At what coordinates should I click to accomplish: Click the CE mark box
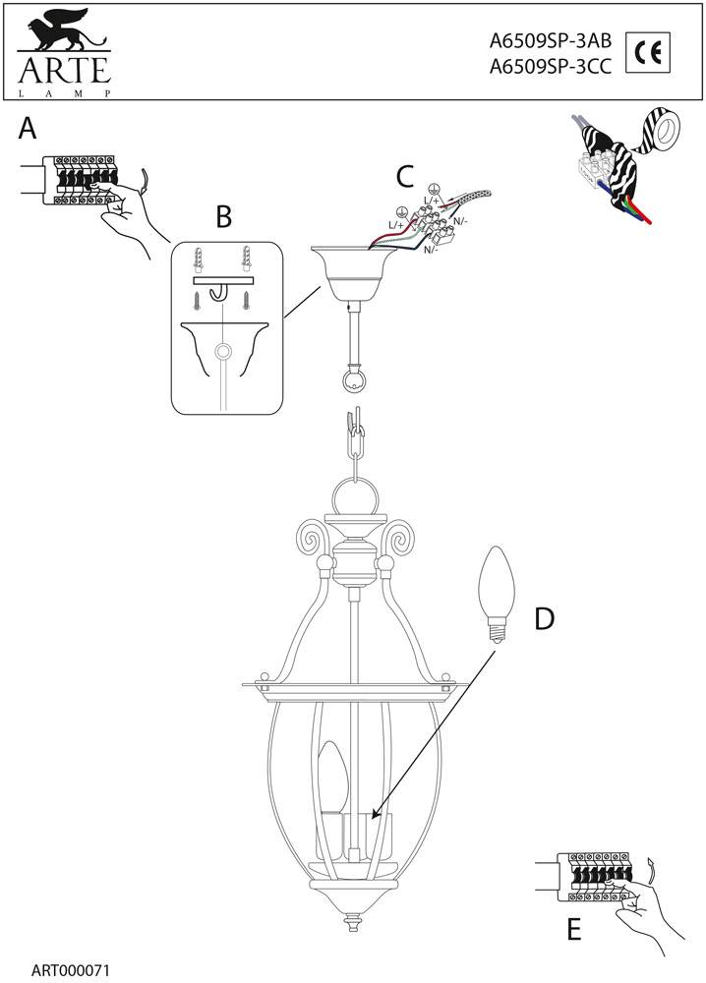[x=646, y=54]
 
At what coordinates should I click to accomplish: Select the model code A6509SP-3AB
[x=551, y=42]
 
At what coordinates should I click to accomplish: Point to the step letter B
[x=224, y=215]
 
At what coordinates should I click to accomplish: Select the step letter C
[x=404, y=177]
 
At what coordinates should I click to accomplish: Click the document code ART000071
[x=71, y=969]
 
